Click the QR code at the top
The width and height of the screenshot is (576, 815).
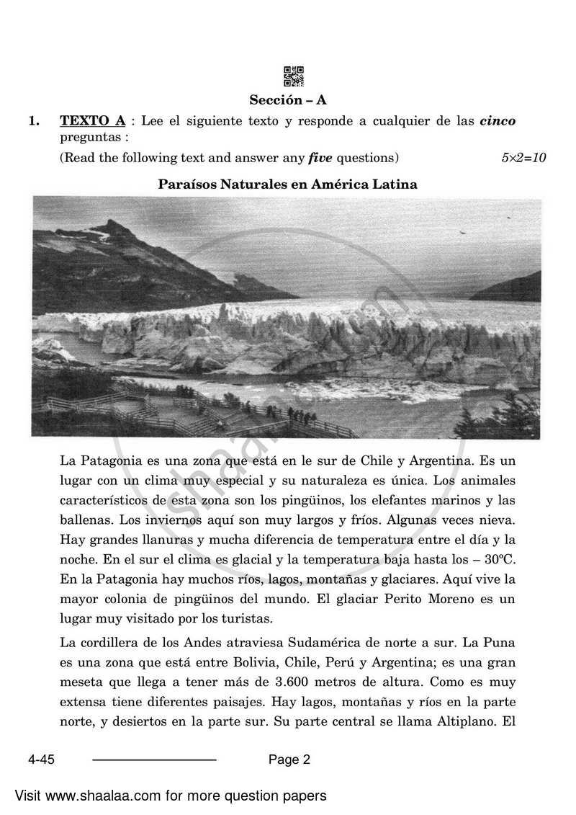pos(294,76)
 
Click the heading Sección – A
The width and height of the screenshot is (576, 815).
pos(288,100)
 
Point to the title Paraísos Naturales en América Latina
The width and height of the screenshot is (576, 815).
pos(288,184)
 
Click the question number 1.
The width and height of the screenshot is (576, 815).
pos(33,120)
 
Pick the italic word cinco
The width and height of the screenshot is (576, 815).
pos(498,120)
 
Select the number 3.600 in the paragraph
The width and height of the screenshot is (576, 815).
pos(314,681)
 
